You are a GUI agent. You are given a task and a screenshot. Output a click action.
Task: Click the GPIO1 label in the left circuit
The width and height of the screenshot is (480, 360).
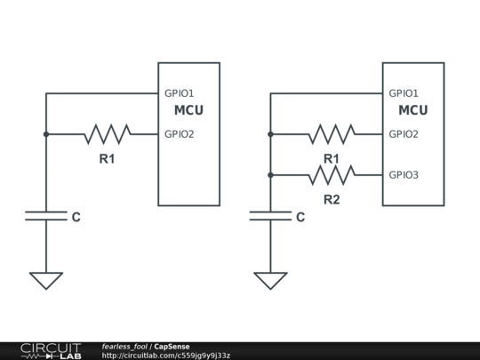179,93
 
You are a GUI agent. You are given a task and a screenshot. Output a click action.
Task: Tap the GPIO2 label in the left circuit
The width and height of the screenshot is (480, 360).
179,134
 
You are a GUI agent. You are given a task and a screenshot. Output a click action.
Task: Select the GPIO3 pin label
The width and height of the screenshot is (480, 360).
404,175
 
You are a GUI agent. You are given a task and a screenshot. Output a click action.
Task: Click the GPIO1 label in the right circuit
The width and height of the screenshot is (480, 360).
404,93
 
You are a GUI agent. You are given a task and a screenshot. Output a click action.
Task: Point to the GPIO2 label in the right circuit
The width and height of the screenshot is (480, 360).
404,134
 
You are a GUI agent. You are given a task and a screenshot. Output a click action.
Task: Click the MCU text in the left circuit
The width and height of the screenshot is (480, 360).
188,111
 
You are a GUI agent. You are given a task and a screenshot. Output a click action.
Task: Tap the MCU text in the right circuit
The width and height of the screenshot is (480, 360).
412,111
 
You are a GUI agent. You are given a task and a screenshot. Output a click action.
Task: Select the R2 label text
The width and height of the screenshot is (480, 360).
331,199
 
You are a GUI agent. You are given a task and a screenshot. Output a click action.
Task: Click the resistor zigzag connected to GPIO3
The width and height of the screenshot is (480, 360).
332,175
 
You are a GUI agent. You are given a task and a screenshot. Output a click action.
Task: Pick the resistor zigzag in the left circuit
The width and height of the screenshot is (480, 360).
108,134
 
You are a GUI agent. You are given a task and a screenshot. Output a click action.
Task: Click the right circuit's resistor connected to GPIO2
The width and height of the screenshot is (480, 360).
332,134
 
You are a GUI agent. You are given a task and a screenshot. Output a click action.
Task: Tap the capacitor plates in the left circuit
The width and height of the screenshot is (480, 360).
45,216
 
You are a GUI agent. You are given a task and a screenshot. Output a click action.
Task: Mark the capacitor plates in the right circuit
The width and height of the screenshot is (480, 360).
270,216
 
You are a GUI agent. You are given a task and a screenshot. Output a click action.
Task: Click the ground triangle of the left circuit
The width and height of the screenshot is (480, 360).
45,280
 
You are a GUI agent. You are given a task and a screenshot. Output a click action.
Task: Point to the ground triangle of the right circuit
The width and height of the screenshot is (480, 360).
270,280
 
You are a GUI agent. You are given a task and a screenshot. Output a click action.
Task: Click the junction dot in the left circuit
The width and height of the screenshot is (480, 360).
45,134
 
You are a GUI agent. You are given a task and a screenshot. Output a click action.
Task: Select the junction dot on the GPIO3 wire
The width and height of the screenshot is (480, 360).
270,175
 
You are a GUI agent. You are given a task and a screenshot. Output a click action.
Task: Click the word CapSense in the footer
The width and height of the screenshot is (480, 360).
172,347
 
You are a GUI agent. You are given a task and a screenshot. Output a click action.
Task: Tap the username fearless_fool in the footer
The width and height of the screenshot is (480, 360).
124,347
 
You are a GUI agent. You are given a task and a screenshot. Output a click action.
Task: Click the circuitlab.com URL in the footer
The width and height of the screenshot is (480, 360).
166,356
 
